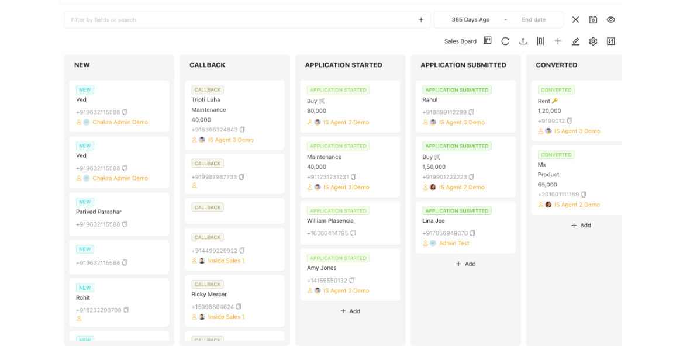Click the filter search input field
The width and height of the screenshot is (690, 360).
[x=240, y=20]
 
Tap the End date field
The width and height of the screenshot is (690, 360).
[x=533, y=20]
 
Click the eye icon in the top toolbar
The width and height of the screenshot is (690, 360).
[x=610, y=20]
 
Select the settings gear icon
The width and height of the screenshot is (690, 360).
[x=593, y=41]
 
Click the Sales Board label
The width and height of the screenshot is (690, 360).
[x=460, y=41]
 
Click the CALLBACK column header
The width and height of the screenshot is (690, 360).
[x=208, y=65]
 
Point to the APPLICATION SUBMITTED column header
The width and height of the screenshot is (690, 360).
[x=463, y=65]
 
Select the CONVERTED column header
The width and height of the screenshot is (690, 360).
[x=557, y=65]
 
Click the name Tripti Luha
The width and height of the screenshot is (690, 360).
[x=206, y=100]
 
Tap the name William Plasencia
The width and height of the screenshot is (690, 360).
[x=330, y=221]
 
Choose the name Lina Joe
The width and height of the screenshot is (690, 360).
[x=434, y=221]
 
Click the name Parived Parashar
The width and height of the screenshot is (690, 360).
[x=99, y=212]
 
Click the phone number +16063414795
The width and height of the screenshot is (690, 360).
[x=327, y=233]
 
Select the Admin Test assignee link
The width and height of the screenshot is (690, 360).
[x=454, y=243]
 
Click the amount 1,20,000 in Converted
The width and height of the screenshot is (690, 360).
[x=550, y=111]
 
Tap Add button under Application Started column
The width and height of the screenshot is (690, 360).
[x=350, y=311]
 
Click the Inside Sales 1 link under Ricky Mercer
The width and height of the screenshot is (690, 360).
[x=226, y=317]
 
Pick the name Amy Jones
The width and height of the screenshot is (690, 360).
[x=322, y=268]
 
